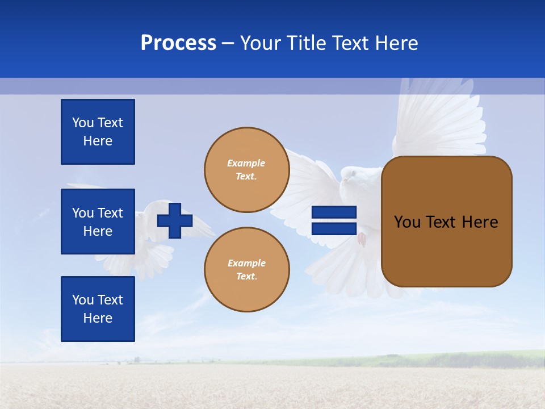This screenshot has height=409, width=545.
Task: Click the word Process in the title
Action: point(178,43)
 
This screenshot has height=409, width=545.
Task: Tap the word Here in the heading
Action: point(395,43)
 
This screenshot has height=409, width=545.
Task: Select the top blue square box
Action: point(98,132)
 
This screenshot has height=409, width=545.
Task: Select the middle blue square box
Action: point(98,222)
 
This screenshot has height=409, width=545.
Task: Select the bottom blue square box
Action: point(98,308)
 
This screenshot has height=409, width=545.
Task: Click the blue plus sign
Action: point(175,220)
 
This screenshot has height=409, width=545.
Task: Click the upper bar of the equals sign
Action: point(334,212)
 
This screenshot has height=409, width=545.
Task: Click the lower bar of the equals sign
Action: point(334,228)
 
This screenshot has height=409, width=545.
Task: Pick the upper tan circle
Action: point(247,170)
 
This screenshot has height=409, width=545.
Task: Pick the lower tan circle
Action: point(247,270)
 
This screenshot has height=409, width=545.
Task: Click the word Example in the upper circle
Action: point(246,163)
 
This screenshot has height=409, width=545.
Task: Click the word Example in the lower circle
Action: point(246,263)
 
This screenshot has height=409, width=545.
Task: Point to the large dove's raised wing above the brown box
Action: point(437,119)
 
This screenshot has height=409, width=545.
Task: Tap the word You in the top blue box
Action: point(82,123)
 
